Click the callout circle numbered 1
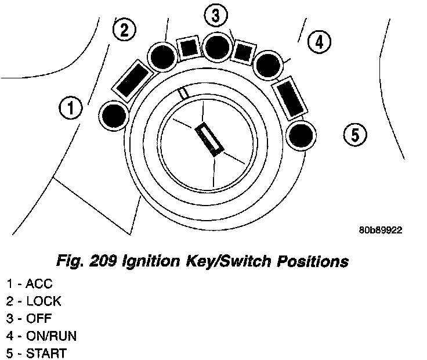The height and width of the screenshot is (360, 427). point(71,108)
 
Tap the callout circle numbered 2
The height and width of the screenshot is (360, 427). point(124,30)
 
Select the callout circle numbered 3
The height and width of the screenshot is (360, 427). point(216,16)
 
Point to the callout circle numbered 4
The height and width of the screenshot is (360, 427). point(319,41)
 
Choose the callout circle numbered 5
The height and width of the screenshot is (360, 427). point(354,135)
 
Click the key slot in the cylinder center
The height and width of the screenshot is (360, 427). point(211,140)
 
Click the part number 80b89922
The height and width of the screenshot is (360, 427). point(380,230)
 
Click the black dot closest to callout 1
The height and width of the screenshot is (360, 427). point(114,115)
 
